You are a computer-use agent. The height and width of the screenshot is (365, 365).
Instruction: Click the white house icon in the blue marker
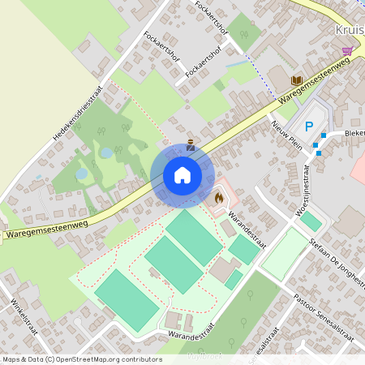[x=182, y=175]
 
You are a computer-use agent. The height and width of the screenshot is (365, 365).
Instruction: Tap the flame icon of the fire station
[x=218, y=196]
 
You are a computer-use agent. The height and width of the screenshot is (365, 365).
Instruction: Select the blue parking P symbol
[x=309, y=126]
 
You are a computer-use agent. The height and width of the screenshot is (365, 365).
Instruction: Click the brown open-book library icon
[x=296, y=80]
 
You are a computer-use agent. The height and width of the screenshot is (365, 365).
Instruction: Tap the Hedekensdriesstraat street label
[x=80, y=113]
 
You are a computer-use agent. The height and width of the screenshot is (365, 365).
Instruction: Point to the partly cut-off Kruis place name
[x=349, y=30]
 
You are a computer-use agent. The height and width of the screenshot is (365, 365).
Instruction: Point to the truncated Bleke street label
[x=354, y=133]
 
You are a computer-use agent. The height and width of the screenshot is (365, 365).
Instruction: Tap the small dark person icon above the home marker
[x=191, y=146]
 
